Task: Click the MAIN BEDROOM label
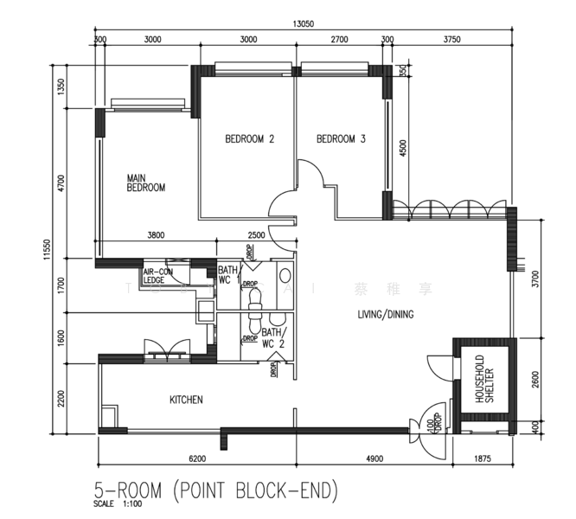(145, 183)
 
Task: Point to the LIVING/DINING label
(386, 314)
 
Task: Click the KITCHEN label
(185, 400)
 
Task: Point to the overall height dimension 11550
(46, 248)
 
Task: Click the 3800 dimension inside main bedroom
(157, 235)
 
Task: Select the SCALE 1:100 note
(118, 504)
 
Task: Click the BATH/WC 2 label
(273, 338)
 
